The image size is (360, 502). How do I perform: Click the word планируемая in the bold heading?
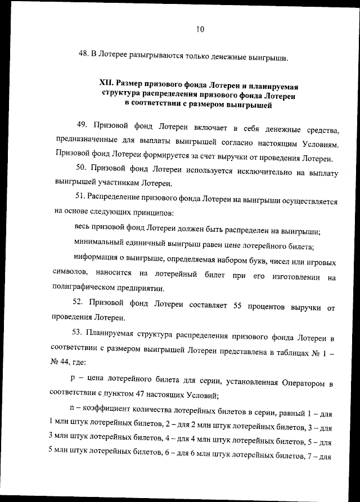(272, 86)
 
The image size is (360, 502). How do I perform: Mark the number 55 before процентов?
(237, 306)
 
